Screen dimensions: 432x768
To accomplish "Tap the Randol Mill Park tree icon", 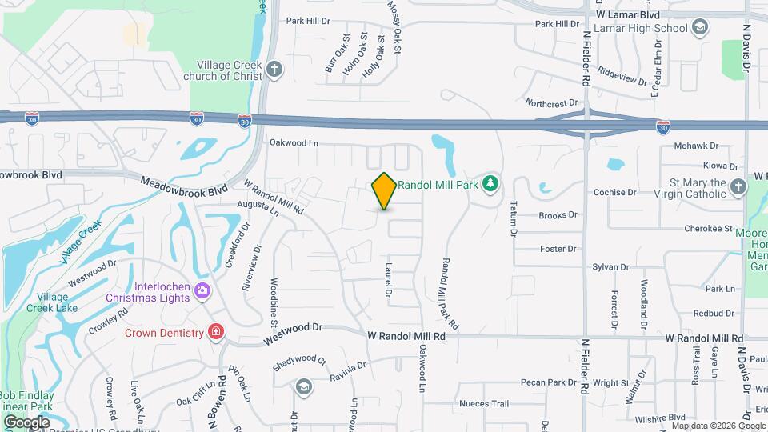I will tap(491, 185).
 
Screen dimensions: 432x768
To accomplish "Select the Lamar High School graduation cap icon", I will tap(700, 28).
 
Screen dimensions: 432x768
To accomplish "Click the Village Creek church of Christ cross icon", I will tap(274, 69).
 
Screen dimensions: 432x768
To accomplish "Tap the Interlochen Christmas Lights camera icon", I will tap(202, 290).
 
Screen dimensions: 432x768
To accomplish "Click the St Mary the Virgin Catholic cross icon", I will tap(738, 187).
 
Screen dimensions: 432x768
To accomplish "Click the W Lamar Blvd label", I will tap(627, 14).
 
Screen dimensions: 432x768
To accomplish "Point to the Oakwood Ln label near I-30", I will tap(294, 143).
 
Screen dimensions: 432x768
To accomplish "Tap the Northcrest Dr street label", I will tap(551, 103).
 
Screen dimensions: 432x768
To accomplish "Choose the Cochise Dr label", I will tap(614, 192).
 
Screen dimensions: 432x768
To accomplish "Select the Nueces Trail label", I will tap(484, 404).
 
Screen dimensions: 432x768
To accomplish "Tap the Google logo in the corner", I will tap(26, 422).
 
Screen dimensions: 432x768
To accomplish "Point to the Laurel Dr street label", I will tap(388, 282).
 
